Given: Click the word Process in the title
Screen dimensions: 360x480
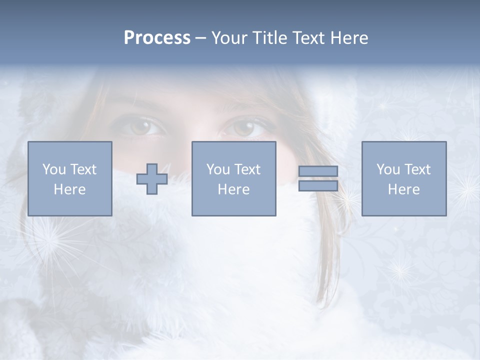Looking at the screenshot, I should click(x=157, y=38).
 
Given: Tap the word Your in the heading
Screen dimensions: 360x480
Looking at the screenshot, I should click(x=229, y=38).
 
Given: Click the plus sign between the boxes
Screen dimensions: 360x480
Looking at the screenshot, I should click(x=152, y=179).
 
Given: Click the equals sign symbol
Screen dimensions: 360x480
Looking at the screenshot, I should click(x=318, y=178).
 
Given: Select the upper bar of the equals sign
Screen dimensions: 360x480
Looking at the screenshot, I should click(x=318, y=171).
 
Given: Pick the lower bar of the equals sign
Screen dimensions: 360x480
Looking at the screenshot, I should click(x=318, y=186).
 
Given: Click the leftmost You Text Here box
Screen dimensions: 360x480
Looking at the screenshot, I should click(x=70, y=178).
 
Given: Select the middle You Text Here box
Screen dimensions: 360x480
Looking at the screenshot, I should click(x=233, y=178).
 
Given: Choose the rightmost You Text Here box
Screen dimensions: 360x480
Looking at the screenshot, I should click(x=404, y=178).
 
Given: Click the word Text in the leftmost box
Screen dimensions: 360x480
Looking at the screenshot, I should click(x=83, y=169).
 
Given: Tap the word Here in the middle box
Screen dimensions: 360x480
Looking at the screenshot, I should click(x=233, y=189).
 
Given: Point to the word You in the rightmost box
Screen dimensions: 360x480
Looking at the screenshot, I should click(x=388, y=169).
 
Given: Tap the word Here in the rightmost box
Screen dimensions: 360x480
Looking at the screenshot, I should click(x=404, y=189).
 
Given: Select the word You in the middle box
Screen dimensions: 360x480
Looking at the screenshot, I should click(x=218, y=169).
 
